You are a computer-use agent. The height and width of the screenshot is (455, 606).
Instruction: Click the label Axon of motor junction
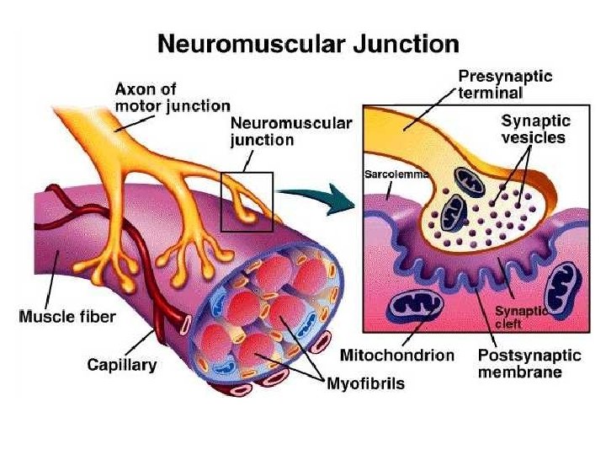click(172, 97)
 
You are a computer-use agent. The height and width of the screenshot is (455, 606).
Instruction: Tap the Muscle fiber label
click(67, 318)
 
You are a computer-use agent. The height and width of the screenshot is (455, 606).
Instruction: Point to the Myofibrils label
click(365, 383)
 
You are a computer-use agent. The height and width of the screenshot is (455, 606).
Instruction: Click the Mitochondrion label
click(397, 356)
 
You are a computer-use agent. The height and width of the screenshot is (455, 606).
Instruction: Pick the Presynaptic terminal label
click(505, 83)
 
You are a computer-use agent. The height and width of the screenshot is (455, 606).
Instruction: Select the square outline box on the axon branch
click(247, 201)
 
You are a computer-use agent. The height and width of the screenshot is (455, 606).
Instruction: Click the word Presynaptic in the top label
click(505, 76)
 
